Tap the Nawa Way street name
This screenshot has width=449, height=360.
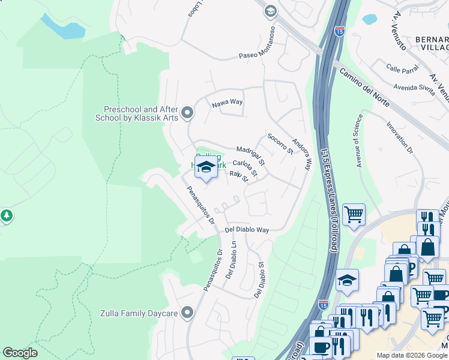tap(227, 103)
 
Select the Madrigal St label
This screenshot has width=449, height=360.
tap(250, 155)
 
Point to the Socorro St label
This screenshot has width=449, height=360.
tap(280, 143)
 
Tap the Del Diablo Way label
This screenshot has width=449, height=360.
tap(247, 230)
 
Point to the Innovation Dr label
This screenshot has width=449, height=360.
tap(403, 137)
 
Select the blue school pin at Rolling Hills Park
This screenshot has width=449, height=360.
tap(205, 167)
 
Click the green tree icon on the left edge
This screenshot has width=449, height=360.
tap(6, 215)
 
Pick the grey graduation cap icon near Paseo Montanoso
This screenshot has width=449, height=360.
tap(270, 11)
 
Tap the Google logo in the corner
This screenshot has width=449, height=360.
tap(20, 353)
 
